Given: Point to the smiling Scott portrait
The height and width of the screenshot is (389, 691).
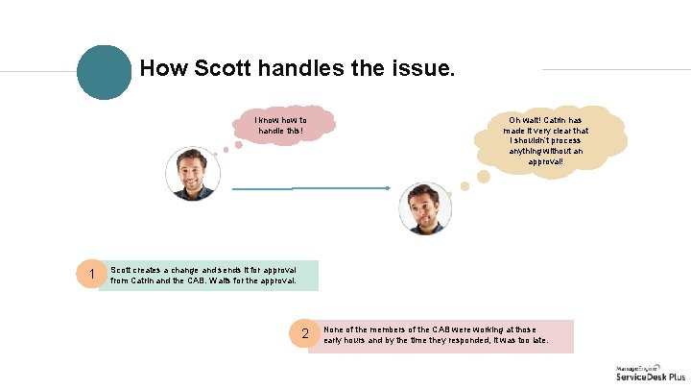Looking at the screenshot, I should (x=193, y=174).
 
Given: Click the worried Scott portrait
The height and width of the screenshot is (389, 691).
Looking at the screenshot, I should (x=423, y=208).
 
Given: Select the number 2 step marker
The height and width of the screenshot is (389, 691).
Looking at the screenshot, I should (x=304, y=334).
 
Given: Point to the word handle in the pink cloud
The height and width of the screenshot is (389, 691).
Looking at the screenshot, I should (x=274, y=131).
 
